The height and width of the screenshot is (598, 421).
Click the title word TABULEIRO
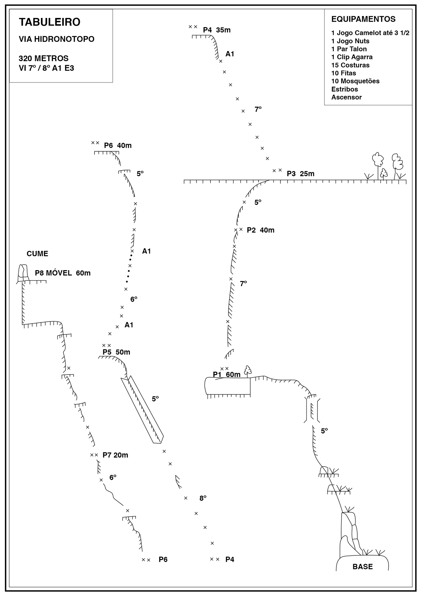(50, 22)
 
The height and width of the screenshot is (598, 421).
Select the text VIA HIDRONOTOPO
(56, 39)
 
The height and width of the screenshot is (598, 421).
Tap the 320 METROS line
(44, 58)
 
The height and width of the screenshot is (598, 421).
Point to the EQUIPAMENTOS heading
(364, 19)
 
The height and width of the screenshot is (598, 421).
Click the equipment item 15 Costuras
(350, 65)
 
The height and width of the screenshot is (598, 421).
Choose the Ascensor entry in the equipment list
(347, 97)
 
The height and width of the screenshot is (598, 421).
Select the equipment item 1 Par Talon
(349, 49)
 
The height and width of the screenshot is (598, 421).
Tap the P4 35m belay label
(217, 30)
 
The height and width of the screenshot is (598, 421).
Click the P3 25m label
(301, 174)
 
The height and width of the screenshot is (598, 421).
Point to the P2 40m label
(260, 230)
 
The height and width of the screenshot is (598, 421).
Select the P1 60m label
(227, 374)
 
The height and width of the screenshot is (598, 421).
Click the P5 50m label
(116, 352)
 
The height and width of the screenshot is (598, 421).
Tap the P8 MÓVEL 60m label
(63, 273)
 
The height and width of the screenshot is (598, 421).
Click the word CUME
(37, 254)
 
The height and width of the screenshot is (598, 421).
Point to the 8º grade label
(203, 498)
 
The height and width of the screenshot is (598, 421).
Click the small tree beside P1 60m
(248, 371)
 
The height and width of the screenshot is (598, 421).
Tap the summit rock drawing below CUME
(23, 273)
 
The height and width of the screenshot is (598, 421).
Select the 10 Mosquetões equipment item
(355, 81)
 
